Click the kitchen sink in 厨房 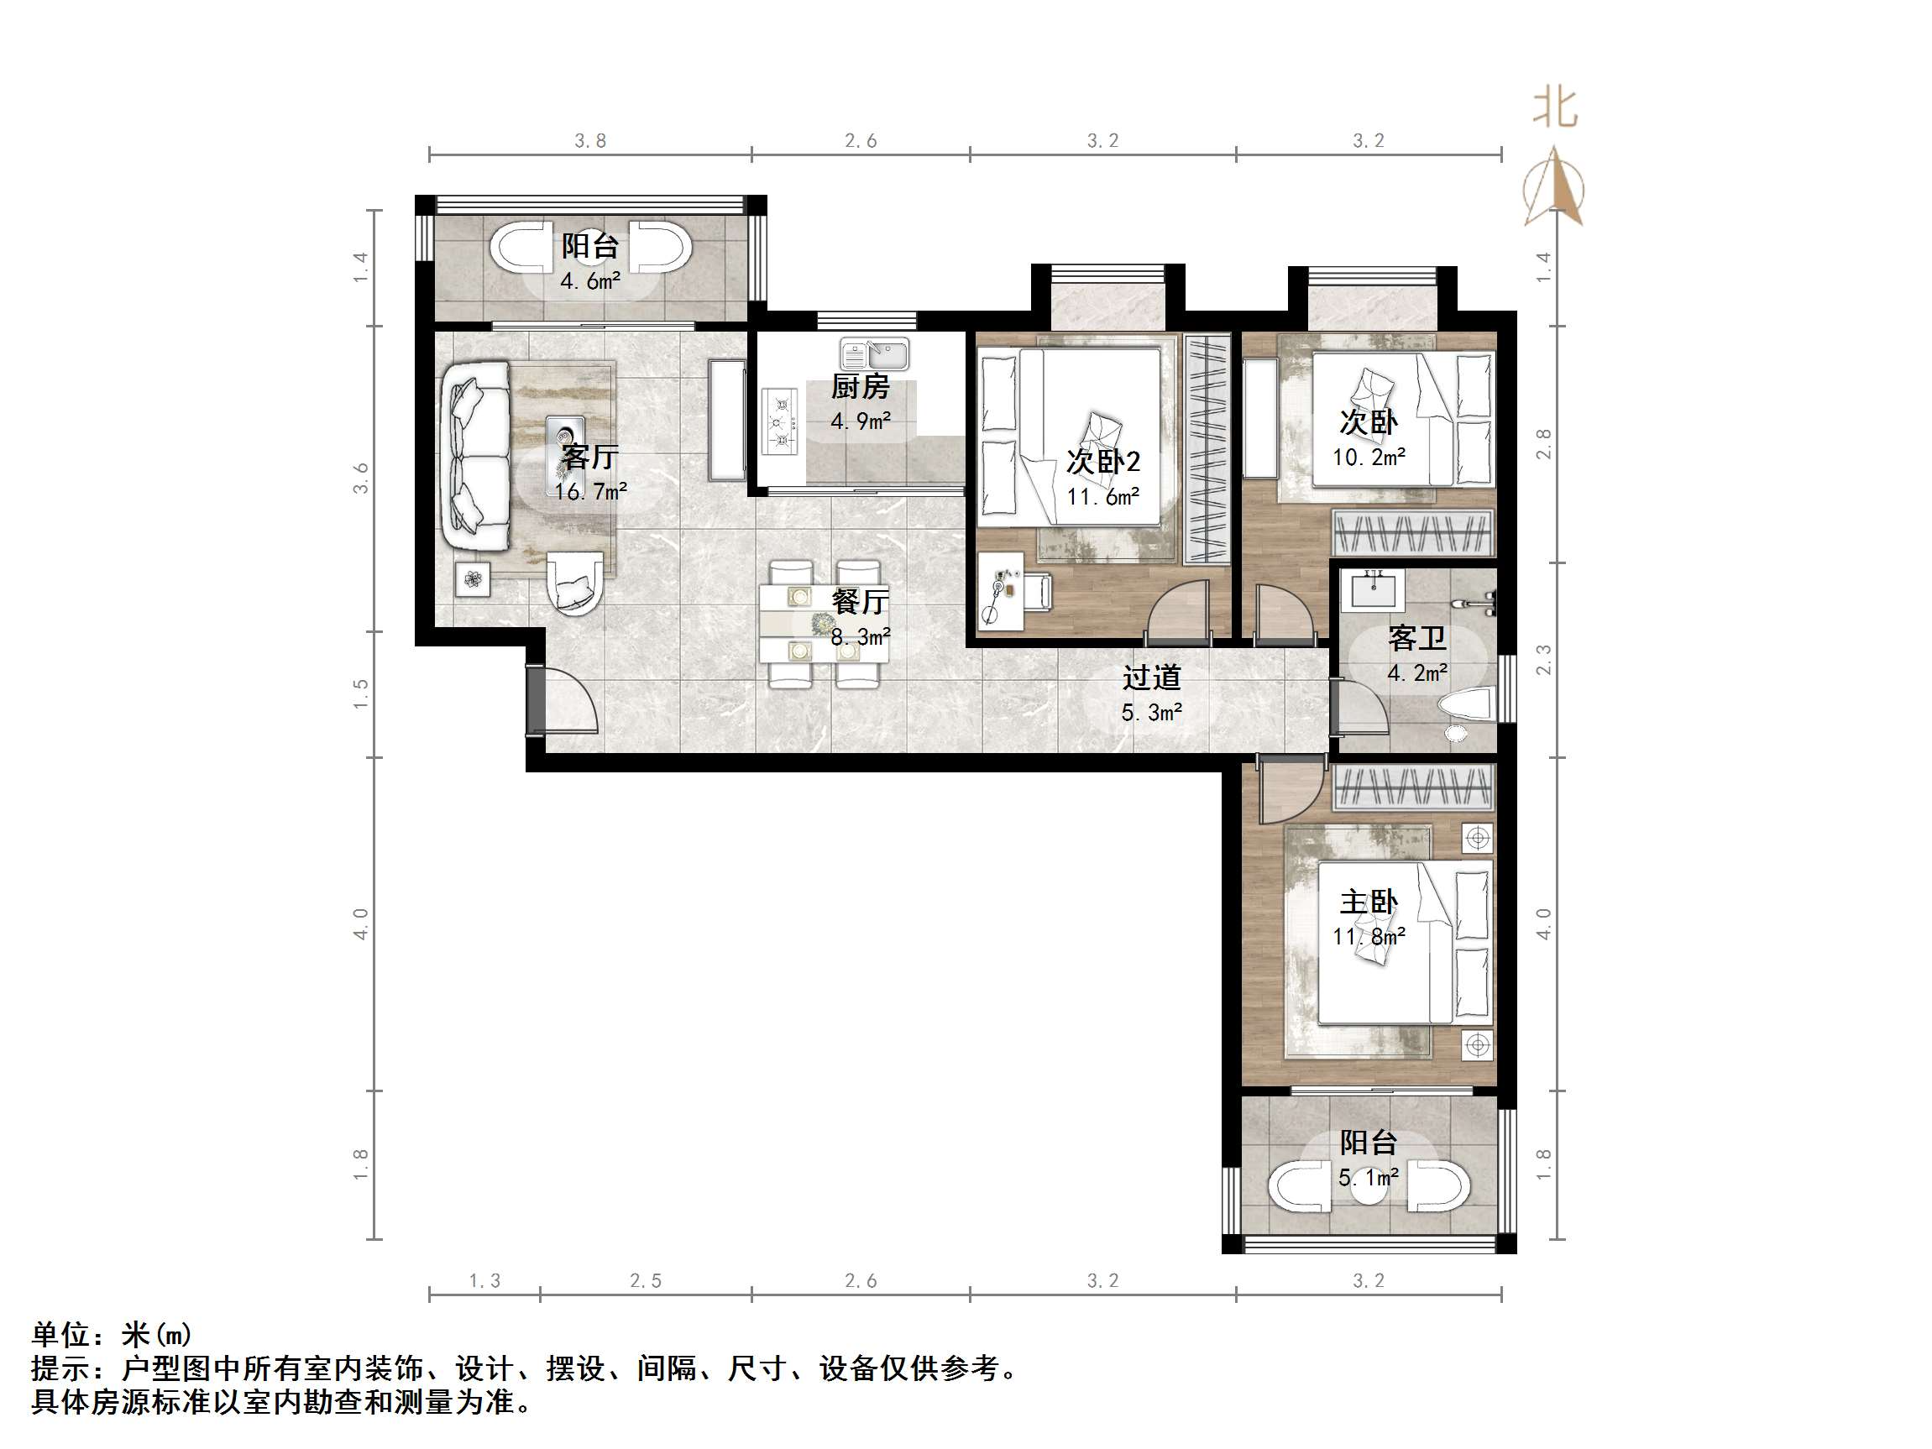pos(874,354)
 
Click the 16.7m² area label pos(590,492)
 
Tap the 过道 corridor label pos(1151,677)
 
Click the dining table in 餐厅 pos(823,624)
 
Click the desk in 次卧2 pos(999,590)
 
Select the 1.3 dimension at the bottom pos(484,1280)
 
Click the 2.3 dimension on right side pos(1543,659)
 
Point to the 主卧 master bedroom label pos(1369,902)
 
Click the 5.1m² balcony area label pos(1369,1177)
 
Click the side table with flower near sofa pos(473,578)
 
